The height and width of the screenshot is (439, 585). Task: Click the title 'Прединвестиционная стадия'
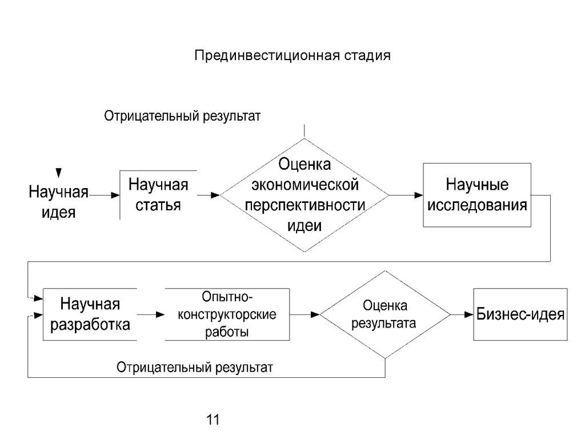point(292,56)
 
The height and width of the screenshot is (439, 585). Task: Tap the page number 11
point(213,420)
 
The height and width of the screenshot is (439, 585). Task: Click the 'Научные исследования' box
point(477,195)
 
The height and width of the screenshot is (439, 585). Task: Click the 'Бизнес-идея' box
point(520,314)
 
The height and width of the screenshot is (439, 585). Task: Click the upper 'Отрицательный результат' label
point(182,116)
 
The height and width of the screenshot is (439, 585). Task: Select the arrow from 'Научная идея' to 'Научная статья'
point(103,195)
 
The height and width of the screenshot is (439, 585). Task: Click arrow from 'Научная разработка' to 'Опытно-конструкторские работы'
point(150,314)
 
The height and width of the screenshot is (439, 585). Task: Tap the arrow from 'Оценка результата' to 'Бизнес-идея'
point(460,314)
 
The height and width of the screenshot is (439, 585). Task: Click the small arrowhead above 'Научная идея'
point(58,173)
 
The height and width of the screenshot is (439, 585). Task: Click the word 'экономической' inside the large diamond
point(305,185)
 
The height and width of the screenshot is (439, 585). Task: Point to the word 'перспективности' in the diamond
point(305,205)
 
